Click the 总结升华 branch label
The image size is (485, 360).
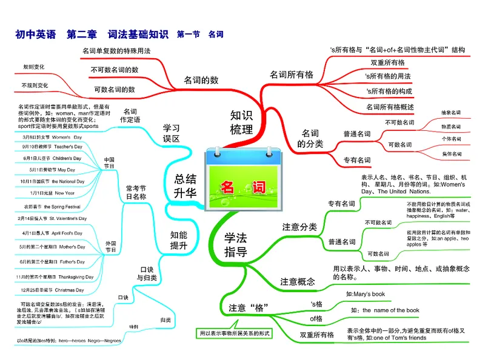click(186, 186)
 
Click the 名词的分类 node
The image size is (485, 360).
click(310, 138)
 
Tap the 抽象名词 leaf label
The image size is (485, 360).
click(451, 113)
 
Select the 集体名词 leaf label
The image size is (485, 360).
click(451, 154)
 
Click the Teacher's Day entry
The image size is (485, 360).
click(56, 147)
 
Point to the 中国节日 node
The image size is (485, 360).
click(109, 163)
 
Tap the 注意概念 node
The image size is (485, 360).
click(298, 281)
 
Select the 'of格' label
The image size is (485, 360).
click(316, 318)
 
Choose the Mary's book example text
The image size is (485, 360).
click(366, 294)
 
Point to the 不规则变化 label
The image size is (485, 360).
click(35, 85)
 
